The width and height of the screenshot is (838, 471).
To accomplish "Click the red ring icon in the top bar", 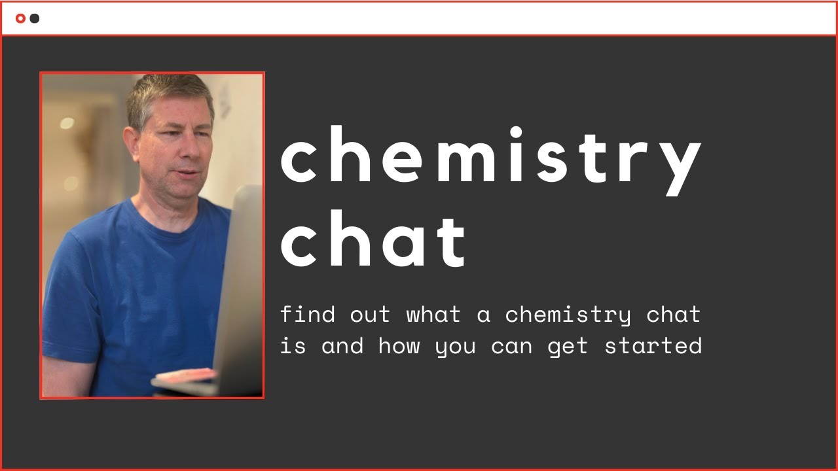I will point(20,18).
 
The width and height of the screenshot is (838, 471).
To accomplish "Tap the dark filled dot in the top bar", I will point(35,18).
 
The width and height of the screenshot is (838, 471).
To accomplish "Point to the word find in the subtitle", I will point(308,315).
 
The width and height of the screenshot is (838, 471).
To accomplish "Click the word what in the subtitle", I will point(433,315).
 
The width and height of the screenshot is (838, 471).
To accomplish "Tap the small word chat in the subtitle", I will point(674,315).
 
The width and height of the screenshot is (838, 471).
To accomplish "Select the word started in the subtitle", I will point(653,345).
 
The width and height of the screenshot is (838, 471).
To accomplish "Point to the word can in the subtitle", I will point(512,346).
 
